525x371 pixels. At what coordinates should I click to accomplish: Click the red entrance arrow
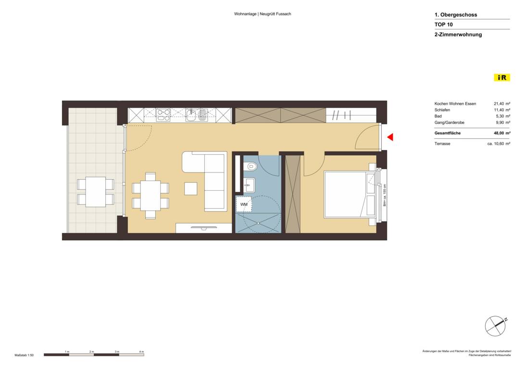coord(390,137)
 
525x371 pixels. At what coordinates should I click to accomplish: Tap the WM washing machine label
coord(244,205)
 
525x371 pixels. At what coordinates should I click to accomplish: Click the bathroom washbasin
coord(249,182)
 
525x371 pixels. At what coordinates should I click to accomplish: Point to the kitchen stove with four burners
coord(163,114)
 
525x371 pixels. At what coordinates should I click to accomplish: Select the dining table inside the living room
coord(150,196)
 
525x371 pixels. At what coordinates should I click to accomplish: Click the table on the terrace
coord(96,192)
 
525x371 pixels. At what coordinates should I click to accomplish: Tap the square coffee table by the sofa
coord(191,188)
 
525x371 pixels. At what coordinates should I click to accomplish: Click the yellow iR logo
coord(501,77)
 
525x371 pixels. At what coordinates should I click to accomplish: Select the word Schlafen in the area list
coord(443,110)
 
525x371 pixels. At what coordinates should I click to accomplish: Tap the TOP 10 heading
coord(444,25)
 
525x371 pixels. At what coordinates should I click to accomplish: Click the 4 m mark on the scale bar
coord(141,352)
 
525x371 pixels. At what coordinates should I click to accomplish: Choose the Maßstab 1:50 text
coord(24,355)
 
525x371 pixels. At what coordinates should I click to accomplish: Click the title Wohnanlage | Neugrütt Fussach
coord(262,14)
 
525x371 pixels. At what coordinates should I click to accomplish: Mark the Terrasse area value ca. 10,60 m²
coord(499,144)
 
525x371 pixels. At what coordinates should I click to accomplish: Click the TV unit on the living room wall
coord(204,228)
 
